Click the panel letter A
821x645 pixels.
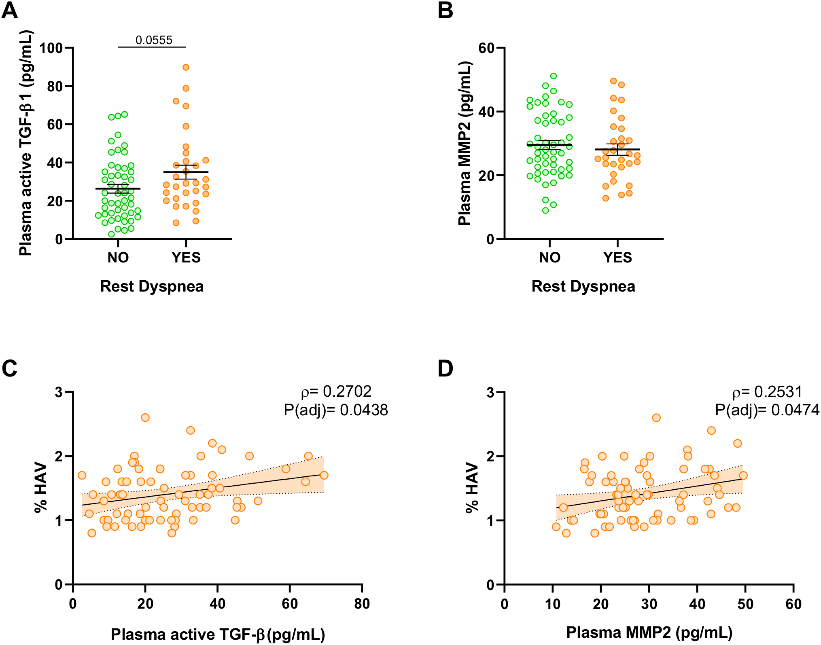point(10,11)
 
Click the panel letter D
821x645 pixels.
point(446,369)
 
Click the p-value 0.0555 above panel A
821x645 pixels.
point(154,40)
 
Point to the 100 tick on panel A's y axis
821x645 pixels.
point(51,48)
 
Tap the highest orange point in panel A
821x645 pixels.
point(186,68)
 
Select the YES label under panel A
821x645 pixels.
point(186,258)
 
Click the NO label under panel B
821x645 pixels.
point(549,258)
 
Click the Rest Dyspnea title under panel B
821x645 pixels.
point(583,286)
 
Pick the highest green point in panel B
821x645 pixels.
point(554,76)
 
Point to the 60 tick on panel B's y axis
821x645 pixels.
point(486,48)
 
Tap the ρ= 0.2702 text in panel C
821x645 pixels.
point(336,391)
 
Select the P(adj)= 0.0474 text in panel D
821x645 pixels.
point(767,410)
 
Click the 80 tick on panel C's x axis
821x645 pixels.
point(362,604)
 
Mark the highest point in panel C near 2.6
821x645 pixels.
point(145,417)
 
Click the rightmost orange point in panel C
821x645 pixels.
point(324,475)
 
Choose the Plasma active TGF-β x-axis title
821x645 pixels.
point(218,634)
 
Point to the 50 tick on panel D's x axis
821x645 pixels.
point(745,604)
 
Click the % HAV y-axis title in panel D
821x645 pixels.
point(472,488)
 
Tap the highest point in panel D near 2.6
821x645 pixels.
point(656,417)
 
